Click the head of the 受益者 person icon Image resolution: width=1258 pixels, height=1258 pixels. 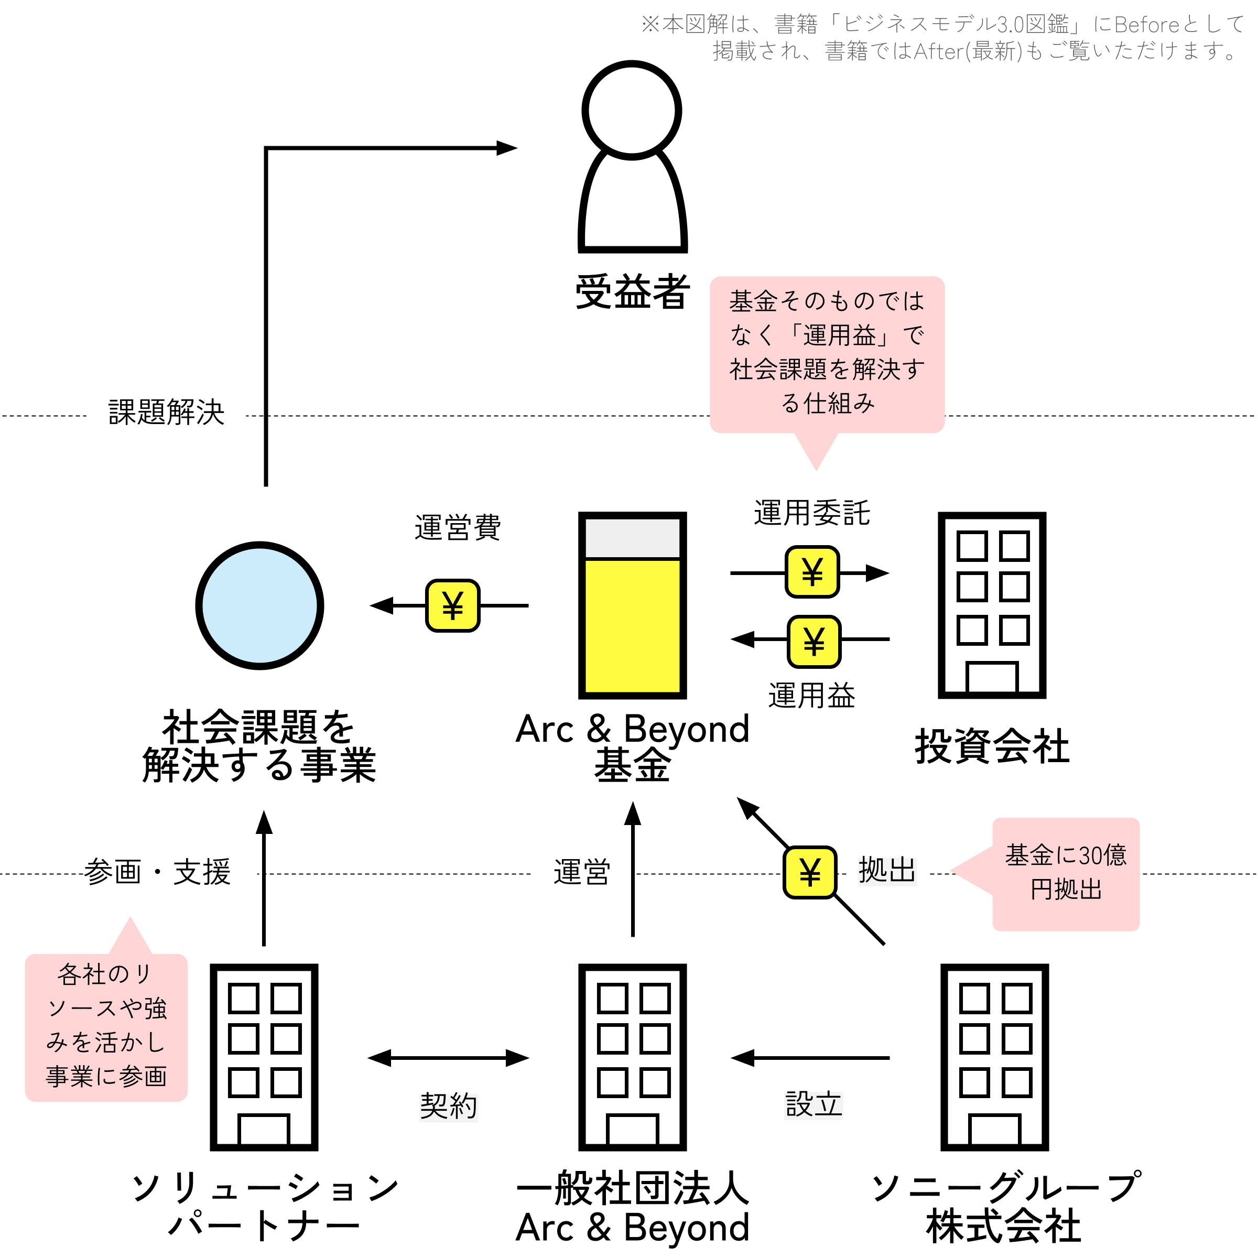(632, 110)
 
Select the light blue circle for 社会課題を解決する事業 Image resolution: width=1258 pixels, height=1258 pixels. (260, 605)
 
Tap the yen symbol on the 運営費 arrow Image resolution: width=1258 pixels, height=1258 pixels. (452, 605)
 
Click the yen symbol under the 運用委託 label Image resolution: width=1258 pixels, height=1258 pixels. (812, 572)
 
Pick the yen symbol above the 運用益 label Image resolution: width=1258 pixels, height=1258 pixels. (814, 642)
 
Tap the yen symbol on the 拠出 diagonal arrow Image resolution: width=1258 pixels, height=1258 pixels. (809, 873)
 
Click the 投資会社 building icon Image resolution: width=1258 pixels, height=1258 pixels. (992, 605)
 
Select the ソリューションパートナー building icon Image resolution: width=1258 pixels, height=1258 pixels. (264, 1057)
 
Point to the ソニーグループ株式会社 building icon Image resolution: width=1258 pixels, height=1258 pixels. (994, 1057)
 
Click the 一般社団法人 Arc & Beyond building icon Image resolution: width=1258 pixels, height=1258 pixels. (632, 1057)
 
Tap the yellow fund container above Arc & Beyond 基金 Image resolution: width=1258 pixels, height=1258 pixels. (632, 605)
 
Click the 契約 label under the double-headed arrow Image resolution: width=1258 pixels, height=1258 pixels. (449, 1107)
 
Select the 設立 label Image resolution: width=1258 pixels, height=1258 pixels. (814, 1104)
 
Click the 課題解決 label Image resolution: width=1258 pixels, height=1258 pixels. (166, 412)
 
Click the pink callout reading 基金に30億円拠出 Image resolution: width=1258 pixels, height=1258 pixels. (1065, 874)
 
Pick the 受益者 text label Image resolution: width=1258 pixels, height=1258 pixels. (632, 292)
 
